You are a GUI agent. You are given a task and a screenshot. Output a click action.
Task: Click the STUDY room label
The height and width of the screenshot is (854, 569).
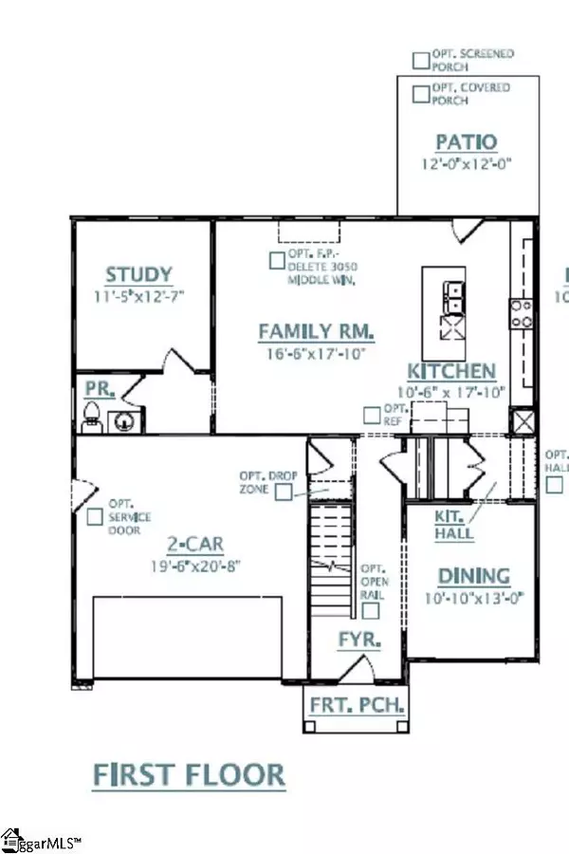(x=138, y=275)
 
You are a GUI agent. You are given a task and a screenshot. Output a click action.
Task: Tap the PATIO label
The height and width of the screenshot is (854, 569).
(x=466, y=142)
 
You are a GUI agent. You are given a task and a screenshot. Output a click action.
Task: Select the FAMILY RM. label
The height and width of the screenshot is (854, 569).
(x=317, y=332)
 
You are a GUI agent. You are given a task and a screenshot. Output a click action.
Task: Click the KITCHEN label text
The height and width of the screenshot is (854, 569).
(x=451, y=371)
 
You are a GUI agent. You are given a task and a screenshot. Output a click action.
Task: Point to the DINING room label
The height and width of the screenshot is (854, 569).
(x=473, y=576)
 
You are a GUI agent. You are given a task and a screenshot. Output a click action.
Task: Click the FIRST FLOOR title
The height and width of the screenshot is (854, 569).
(x=189, y=774)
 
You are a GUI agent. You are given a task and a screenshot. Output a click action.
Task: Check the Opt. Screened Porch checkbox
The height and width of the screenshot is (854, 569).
(x=420, y=61)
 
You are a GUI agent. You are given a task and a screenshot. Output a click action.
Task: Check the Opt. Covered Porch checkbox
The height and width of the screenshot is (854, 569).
(x=420, y=94)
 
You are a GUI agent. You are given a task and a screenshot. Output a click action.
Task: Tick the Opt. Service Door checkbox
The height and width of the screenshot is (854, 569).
(x=94, y=517)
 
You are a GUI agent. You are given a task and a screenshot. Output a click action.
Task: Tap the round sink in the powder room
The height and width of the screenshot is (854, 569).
(x=124, y=420)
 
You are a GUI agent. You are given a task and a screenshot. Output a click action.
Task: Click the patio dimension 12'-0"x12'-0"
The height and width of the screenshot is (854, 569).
(x=466, y=162)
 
